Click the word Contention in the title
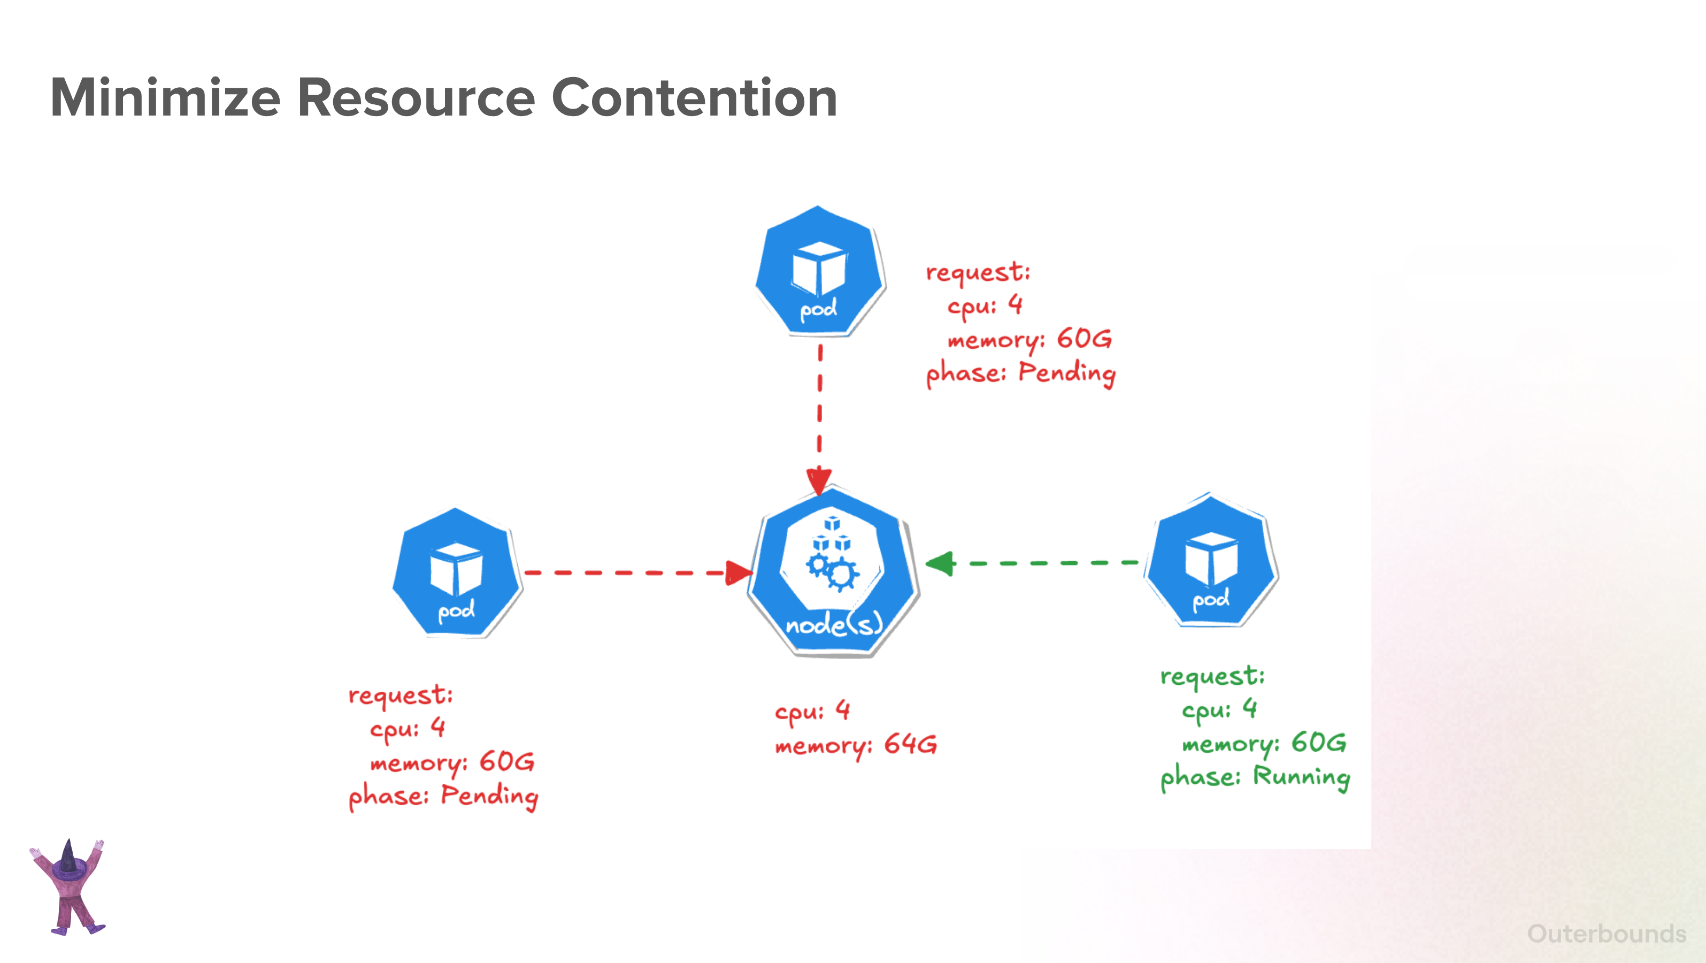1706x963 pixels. coord(695,97)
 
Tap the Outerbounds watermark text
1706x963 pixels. coord(1607,934)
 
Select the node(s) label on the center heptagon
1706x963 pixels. coord(834,623)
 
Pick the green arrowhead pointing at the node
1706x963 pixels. coord(940,564)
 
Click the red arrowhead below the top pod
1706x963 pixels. coord(819,480)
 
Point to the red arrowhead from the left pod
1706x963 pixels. coord(739,573)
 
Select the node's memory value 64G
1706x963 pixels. coord(911,744)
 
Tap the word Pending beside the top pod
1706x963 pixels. coord(1067,373)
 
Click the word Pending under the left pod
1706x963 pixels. coord(489,796)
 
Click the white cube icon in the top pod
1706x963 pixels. coord(819,268)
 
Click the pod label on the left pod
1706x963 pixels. coord(456,610)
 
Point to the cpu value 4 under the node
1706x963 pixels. coord(842,709)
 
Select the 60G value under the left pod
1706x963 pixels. coord(506,762)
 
